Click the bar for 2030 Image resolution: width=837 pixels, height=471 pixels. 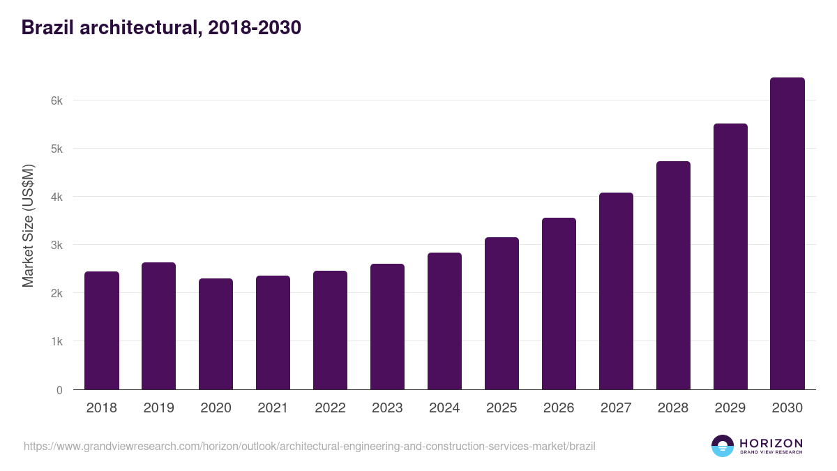(x=787, y=234)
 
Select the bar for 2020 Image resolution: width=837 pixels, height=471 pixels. (x=216, y=334)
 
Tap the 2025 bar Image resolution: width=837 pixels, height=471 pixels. (x=502, y=313)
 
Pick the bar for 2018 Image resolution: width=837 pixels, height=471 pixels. (x=102, y=331)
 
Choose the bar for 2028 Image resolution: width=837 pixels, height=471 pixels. (x=673, y=276)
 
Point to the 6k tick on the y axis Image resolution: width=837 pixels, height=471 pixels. (x=57, y=100)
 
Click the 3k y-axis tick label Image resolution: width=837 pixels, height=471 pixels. (x=57, y=245)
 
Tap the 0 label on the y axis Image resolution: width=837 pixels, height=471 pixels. (x=59, y=390)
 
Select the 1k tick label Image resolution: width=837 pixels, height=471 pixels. (x=57, y=342)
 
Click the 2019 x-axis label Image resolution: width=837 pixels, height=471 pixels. (x=159, y=408)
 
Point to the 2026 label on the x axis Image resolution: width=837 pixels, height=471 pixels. (x=559, y=408)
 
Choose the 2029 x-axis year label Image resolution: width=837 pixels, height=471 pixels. (x=730, y=408)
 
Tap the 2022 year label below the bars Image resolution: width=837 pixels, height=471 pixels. (x=330, y=408)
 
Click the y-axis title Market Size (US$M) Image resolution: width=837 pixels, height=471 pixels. (x=28, y=226)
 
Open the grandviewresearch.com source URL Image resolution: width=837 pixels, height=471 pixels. (x=309, y=446)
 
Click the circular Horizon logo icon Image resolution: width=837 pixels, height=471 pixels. (x=723, y=446)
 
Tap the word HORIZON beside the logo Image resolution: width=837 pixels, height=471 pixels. (x=771, y=442)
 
